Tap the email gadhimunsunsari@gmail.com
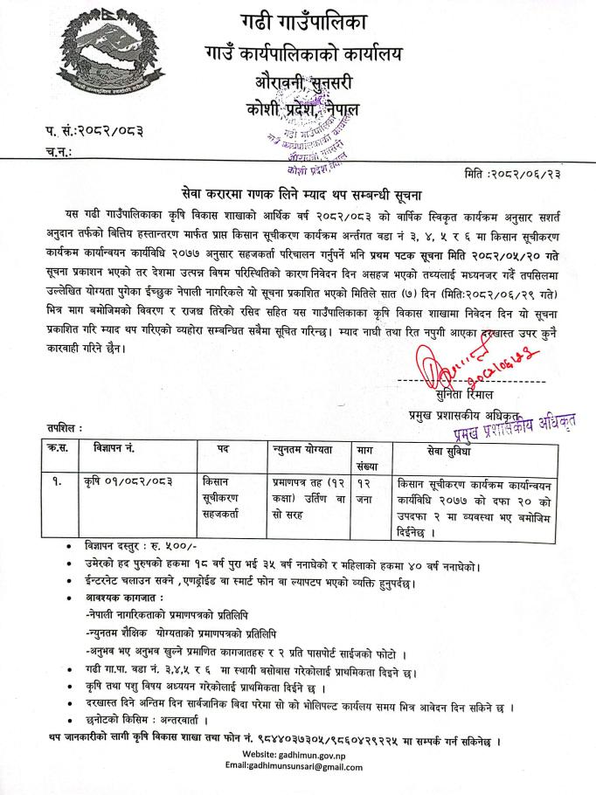tap(294, 766)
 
